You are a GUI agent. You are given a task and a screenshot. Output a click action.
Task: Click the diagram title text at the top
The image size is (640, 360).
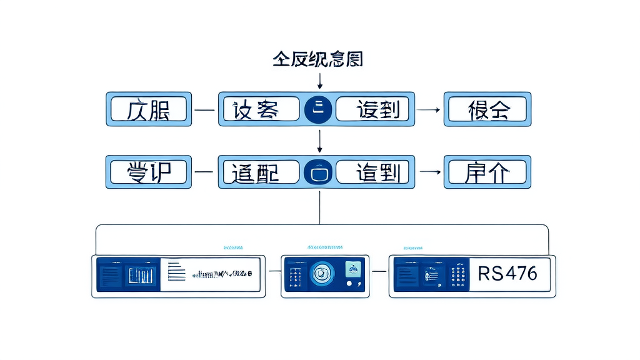tap(317, 59)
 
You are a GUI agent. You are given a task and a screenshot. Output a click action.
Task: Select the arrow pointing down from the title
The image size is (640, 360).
tap(320, 81)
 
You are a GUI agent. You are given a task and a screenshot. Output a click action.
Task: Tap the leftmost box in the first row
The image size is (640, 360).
tap(148, 109)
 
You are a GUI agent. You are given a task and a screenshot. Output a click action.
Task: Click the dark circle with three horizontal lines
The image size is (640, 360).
tap(319, 109)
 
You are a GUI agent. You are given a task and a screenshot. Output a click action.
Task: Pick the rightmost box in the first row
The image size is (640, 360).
tap(487, 109)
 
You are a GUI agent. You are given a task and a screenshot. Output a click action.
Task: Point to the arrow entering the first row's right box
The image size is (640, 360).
tap(428, 109)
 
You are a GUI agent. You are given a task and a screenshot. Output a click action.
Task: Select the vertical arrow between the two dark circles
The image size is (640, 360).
tap(320, 141)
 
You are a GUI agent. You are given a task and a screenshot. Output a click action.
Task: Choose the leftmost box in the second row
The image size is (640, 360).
tap(148, 172)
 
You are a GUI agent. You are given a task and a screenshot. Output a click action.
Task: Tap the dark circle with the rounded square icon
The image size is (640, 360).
tap(319, 172)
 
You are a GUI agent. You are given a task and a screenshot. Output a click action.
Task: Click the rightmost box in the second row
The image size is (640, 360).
tap(487, 172)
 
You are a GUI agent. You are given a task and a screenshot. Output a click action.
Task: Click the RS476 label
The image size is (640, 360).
tap(507, 274)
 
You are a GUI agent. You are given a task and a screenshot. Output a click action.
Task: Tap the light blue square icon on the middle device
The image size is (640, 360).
tap(353, 269)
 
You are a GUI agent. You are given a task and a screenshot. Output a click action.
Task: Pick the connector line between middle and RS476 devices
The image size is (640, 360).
tap(379, 272)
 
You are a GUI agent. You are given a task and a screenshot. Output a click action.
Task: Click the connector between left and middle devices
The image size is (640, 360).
tap(273, 272)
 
